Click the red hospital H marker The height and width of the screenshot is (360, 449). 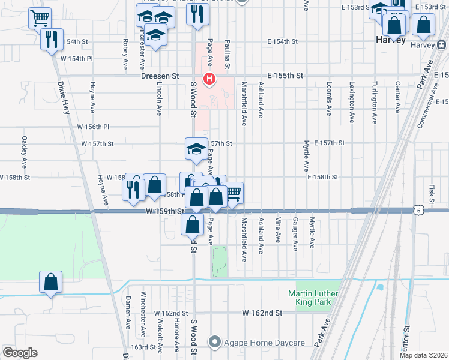[x=209, y=78]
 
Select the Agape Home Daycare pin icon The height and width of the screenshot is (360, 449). [x=214, y=343]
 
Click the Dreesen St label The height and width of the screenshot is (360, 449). [x=160, y=76]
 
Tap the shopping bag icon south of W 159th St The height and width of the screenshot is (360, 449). [x=192, y=226]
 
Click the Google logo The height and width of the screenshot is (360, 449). [x=19, y=353]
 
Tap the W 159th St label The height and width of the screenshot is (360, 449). [x=164, y=211]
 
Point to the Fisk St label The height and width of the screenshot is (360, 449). [x=432, y=193]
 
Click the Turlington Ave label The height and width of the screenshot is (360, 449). [x=374, y=103]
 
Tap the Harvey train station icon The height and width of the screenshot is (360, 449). [x=441, y=44]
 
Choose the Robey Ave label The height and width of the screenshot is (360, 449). [x=125, y=55]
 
